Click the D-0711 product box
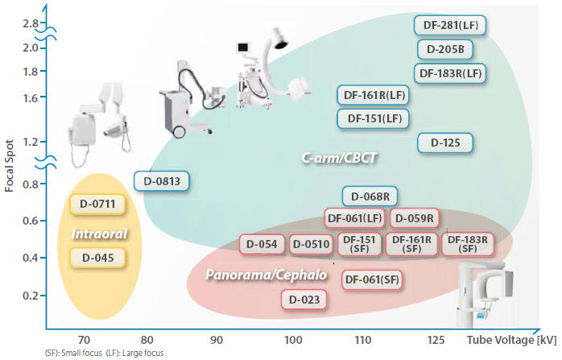click(98, 205)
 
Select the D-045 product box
click(98, 258)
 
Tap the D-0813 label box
click(162, 181)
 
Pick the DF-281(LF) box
click(451, 25)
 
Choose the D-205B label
click(444, 49)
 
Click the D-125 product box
click(445, 143)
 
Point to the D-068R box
click(371, 196)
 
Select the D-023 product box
click(304, 300)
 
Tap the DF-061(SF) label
click(372, 279)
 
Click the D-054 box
click(262, 244)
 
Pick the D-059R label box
click(414, 217)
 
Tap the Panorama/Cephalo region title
click(266, 275)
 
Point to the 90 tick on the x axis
click(217, 340)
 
